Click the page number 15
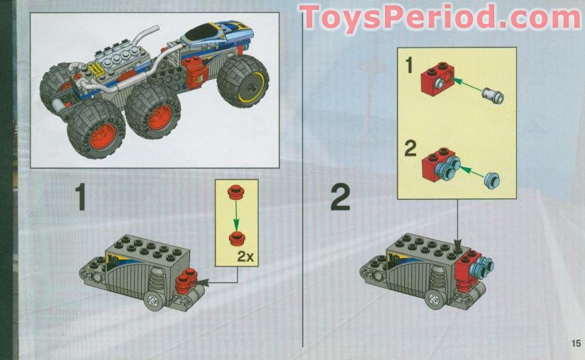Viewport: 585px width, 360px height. (574, 344)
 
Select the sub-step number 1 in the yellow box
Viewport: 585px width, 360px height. (408, 68)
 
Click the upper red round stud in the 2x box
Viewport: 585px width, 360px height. (237, 191)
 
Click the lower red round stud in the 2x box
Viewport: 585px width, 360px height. (237, 237)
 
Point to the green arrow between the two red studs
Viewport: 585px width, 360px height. (237, 214)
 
